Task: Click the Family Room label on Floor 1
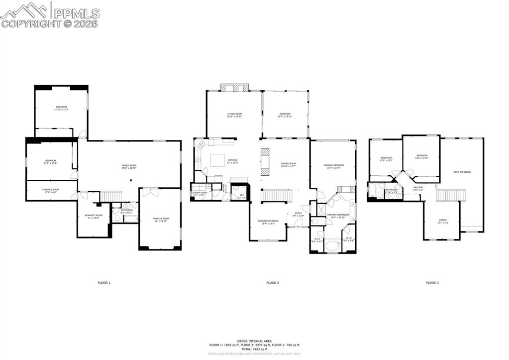point(129,166)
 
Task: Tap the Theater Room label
point(161,220)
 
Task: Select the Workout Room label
point(93,216)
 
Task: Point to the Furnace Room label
point(51,190)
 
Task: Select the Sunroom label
point(285,116)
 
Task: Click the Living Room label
point(234,116)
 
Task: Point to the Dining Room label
point(289,165)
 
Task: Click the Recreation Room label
point(268,222)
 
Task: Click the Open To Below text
point(462,172)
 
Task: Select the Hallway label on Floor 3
point(418,188)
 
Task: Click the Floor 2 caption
point(272,283)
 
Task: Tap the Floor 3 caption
point(432,283)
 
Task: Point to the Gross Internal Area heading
point(254,341)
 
